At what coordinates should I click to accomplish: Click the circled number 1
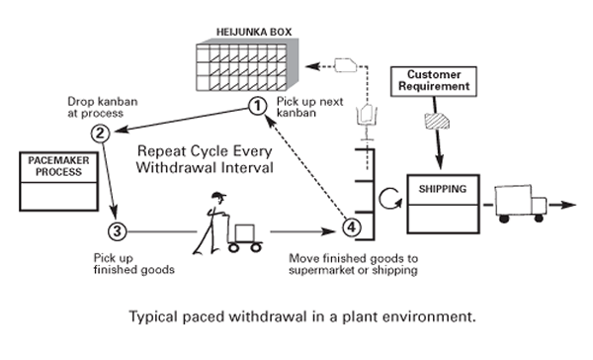[x=258, y=106]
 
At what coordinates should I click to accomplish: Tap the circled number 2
[x=101, y=134]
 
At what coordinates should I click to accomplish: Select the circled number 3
[x=118, y=230]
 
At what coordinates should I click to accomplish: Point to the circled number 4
[x=352, y=227]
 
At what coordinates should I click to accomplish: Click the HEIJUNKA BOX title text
[x=254, y=33]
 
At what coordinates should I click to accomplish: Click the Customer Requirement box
[x=434, y=81]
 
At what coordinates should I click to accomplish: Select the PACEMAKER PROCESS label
[x=58, y=166]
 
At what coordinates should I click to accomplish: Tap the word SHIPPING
[x=443, y=189]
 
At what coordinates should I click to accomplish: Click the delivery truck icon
[x=521, y=204]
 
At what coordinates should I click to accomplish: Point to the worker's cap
[x=218, y=196]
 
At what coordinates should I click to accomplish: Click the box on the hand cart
[x=245, y=232]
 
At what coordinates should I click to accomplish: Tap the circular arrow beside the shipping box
[x=390, y=199]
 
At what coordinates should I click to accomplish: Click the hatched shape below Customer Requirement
[x=437, y=121]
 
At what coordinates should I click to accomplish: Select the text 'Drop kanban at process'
[x=103, y=108]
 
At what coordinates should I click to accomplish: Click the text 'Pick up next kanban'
[x=309, y=107]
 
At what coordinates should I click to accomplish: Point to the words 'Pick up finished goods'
[x=133, y=264]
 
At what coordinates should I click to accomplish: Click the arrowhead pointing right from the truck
[x=568, y=205]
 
